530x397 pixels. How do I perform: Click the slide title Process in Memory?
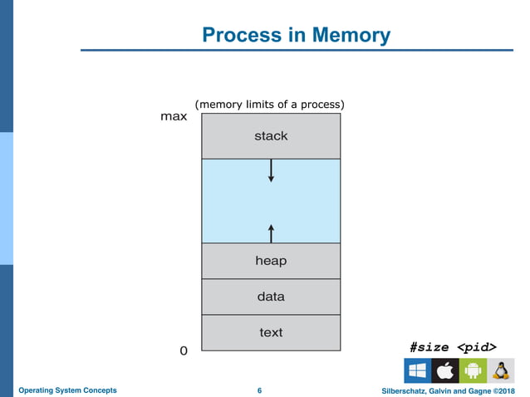[x=297, y=35]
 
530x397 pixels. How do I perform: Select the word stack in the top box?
[x=271, y=135]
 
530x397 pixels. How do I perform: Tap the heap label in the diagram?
[x=271, y=261]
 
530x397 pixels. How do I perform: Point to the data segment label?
[x=271, y=297]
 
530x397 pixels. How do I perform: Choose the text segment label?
[x=271, y=332]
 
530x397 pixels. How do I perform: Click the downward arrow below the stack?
[x=271, y=171]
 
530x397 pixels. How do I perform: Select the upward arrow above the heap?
[x=271, y=233]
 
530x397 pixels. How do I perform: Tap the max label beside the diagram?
[x=174, y=117]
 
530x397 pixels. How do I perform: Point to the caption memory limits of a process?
[x=269, y=105]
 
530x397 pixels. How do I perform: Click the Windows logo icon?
[x=417, y=370]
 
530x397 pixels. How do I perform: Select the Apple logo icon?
[x=444, y=370]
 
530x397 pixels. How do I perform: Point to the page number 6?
[x=260, y=390]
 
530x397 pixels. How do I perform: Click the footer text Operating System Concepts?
[x=67, y=390]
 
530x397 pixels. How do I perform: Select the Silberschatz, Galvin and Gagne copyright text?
[x=447, y=390]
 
